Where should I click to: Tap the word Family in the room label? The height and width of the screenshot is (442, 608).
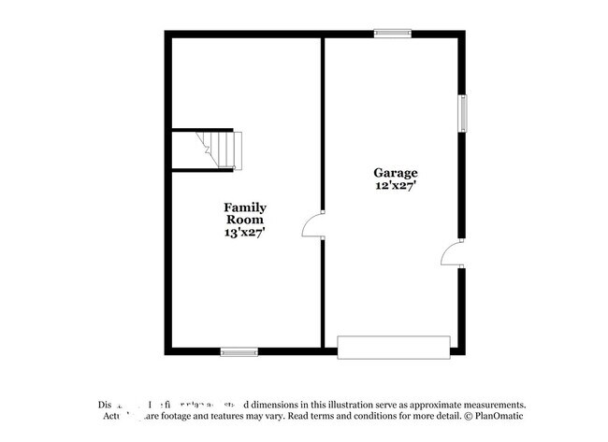pos(244,207)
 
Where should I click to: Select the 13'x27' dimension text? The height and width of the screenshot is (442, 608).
pos(244,234)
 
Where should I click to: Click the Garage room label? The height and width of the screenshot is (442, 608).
pos(396,173)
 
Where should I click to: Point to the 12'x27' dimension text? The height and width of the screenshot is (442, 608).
pos(396,186)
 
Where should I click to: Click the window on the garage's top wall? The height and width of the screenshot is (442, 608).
pos(393,34)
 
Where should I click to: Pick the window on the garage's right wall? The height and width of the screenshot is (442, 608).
pos(461,112)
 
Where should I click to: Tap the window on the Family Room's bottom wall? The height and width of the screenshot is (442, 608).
pos(239,352)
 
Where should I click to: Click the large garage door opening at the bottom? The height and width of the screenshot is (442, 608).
pos(393,347)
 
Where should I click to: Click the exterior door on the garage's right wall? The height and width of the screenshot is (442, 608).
pos(452,252)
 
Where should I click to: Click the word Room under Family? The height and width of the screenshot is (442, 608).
pos(244,221)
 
